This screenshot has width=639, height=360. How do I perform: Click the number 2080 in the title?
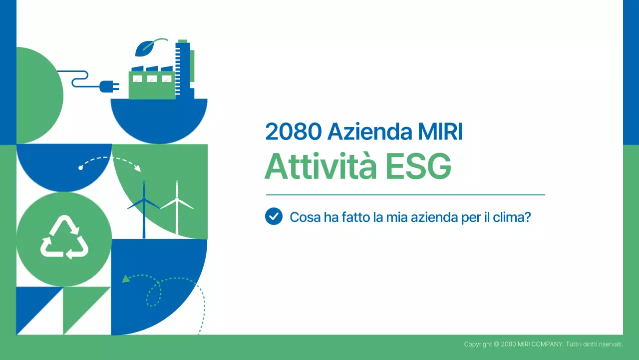(294, 131)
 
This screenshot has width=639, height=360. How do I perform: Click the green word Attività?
(320, 166)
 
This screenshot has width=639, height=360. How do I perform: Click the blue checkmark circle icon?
(274, 216)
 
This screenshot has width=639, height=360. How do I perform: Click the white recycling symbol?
(64, 237)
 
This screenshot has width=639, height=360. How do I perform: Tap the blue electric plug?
(109, 86)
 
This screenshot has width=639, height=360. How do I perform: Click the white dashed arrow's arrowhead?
(138, 168)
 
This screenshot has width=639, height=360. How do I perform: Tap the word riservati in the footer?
(609, 344)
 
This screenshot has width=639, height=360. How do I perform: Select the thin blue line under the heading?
(405, 194)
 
